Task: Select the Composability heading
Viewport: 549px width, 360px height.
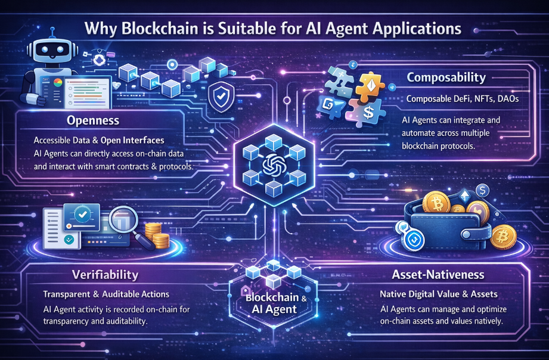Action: (x=446, y=77)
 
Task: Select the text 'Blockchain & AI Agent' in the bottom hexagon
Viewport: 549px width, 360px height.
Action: (x=274, y=304)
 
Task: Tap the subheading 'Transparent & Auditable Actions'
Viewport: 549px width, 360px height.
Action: (x=106, y=295)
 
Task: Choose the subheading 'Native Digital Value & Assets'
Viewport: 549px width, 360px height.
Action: (x=440, y=295)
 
